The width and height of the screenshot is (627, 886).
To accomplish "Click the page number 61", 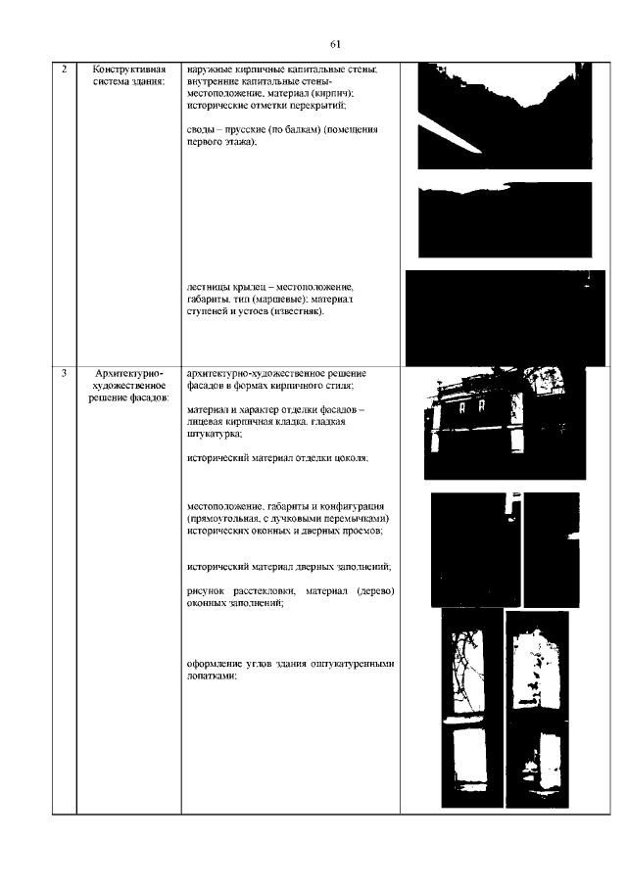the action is tap(335, 45).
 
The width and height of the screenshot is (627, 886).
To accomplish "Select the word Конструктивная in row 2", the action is tap(129, 70).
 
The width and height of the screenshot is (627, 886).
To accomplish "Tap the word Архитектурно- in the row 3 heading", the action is tap(129, 374).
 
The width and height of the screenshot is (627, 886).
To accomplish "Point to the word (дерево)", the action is tap(375, 591).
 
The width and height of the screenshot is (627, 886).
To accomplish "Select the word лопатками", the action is tap(212, 676).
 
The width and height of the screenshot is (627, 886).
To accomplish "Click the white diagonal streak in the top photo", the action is tap(450, 133).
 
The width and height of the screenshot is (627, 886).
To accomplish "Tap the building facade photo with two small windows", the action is tap(505, 423).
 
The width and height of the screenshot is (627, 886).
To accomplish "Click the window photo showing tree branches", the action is tap(472, 709).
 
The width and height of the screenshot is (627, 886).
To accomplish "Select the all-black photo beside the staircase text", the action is tap(506, 318).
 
